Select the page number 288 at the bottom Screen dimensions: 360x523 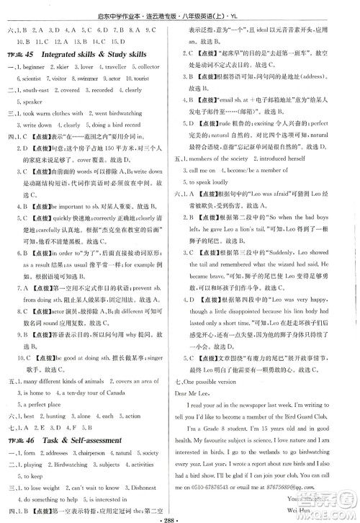pyautogui.click(x=181, y=515)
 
